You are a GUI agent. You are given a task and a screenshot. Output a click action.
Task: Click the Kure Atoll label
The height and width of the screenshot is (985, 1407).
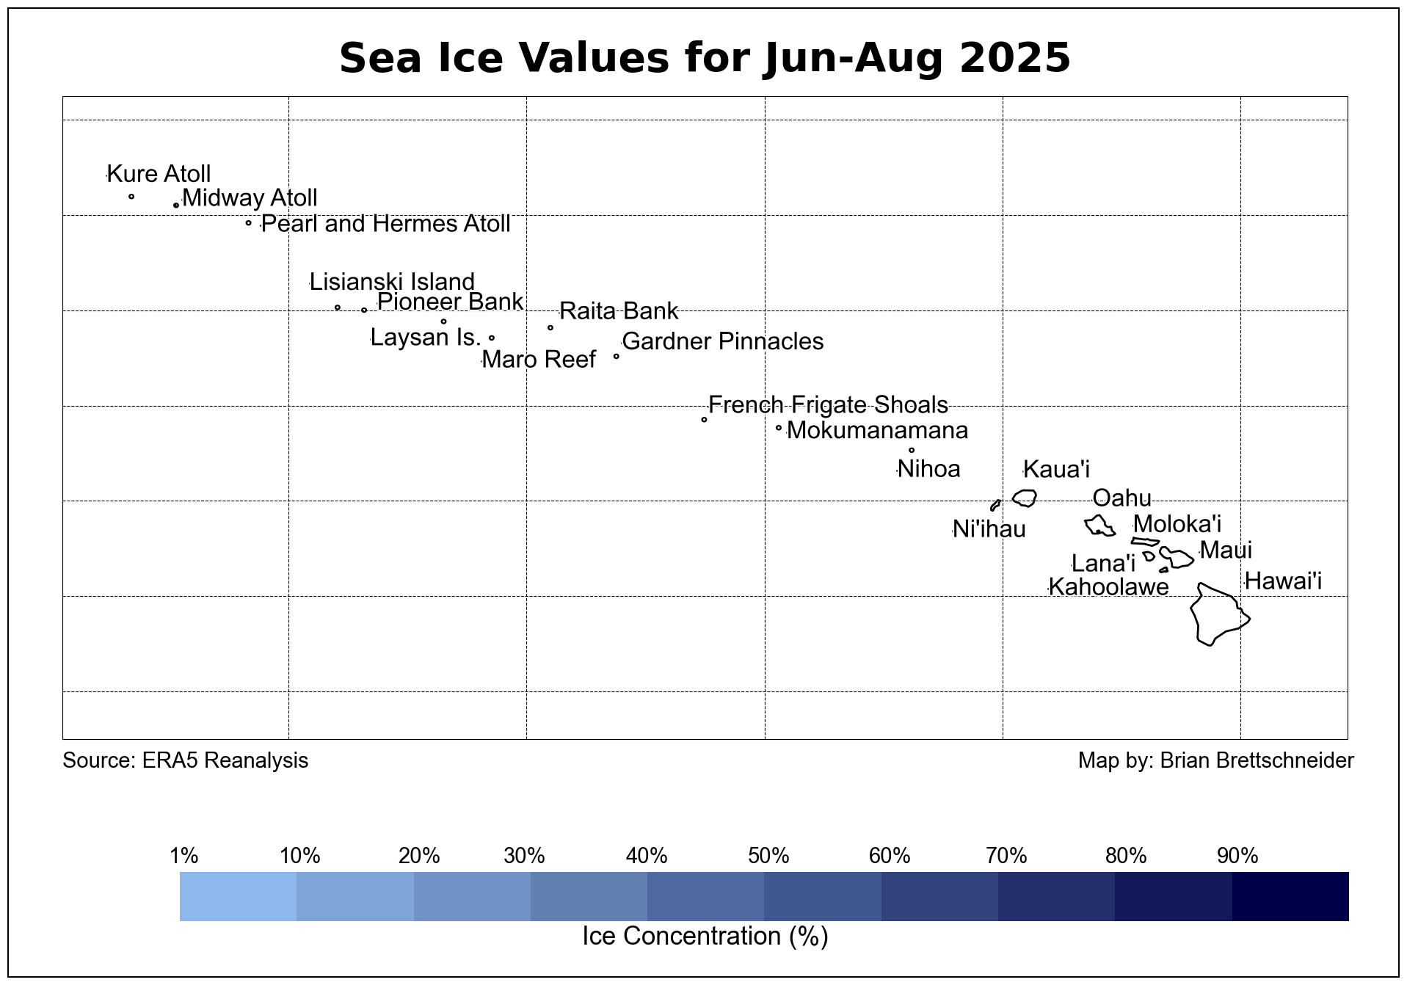[x=159, y=174]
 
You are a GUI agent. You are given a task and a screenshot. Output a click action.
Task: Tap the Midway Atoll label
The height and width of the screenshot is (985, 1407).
[x=250, y=198]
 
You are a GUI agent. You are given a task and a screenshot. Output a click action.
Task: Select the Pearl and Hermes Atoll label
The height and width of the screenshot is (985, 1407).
[x=385, y=224]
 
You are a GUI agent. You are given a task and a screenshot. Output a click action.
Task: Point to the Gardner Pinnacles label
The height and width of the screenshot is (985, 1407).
[x=722, y=341]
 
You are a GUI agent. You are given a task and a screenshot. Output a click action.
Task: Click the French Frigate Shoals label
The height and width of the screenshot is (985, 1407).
[x=828, y=405]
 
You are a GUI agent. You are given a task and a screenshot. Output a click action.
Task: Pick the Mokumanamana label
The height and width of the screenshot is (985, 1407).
[x=877, y=430]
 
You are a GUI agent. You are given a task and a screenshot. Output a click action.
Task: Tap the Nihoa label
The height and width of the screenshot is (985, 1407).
[x=928, y=469]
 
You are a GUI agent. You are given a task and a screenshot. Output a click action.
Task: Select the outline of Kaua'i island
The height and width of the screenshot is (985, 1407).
[x=1025, y=498]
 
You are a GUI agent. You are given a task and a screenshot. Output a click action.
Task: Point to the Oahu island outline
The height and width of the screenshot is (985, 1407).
[x=1099, y=526]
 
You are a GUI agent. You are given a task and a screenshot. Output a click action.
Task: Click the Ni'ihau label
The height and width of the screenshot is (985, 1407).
[x=989, y=529]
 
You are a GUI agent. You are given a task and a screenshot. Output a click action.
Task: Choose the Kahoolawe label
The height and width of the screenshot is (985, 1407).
[x=1108, y=587]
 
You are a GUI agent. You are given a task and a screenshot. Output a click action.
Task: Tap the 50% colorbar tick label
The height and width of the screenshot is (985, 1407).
[x=768, y=856]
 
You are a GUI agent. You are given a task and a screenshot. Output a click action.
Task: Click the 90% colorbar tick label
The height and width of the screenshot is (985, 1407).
[x=1237, y=856]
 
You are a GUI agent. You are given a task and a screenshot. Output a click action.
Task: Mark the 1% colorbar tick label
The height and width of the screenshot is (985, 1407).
[x=184, y=856]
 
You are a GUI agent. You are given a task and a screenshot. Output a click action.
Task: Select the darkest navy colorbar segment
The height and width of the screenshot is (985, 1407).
[x=1290, y=896]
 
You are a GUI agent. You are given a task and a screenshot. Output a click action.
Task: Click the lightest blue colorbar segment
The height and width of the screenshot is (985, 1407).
[x=238, y=896]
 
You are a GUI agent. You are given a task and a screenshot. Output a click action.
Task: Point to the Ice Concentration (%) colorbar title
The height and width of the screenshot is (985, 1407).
[x=705, y=937]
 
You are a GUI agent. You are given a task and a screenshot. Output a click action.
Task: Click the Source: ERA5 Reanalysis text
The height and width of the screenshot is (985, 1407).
[x=186, y=760]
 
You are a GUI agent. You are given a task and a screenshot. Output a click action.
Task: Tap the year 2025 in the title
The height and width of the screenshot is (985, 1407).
[x=1014, y=58]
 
